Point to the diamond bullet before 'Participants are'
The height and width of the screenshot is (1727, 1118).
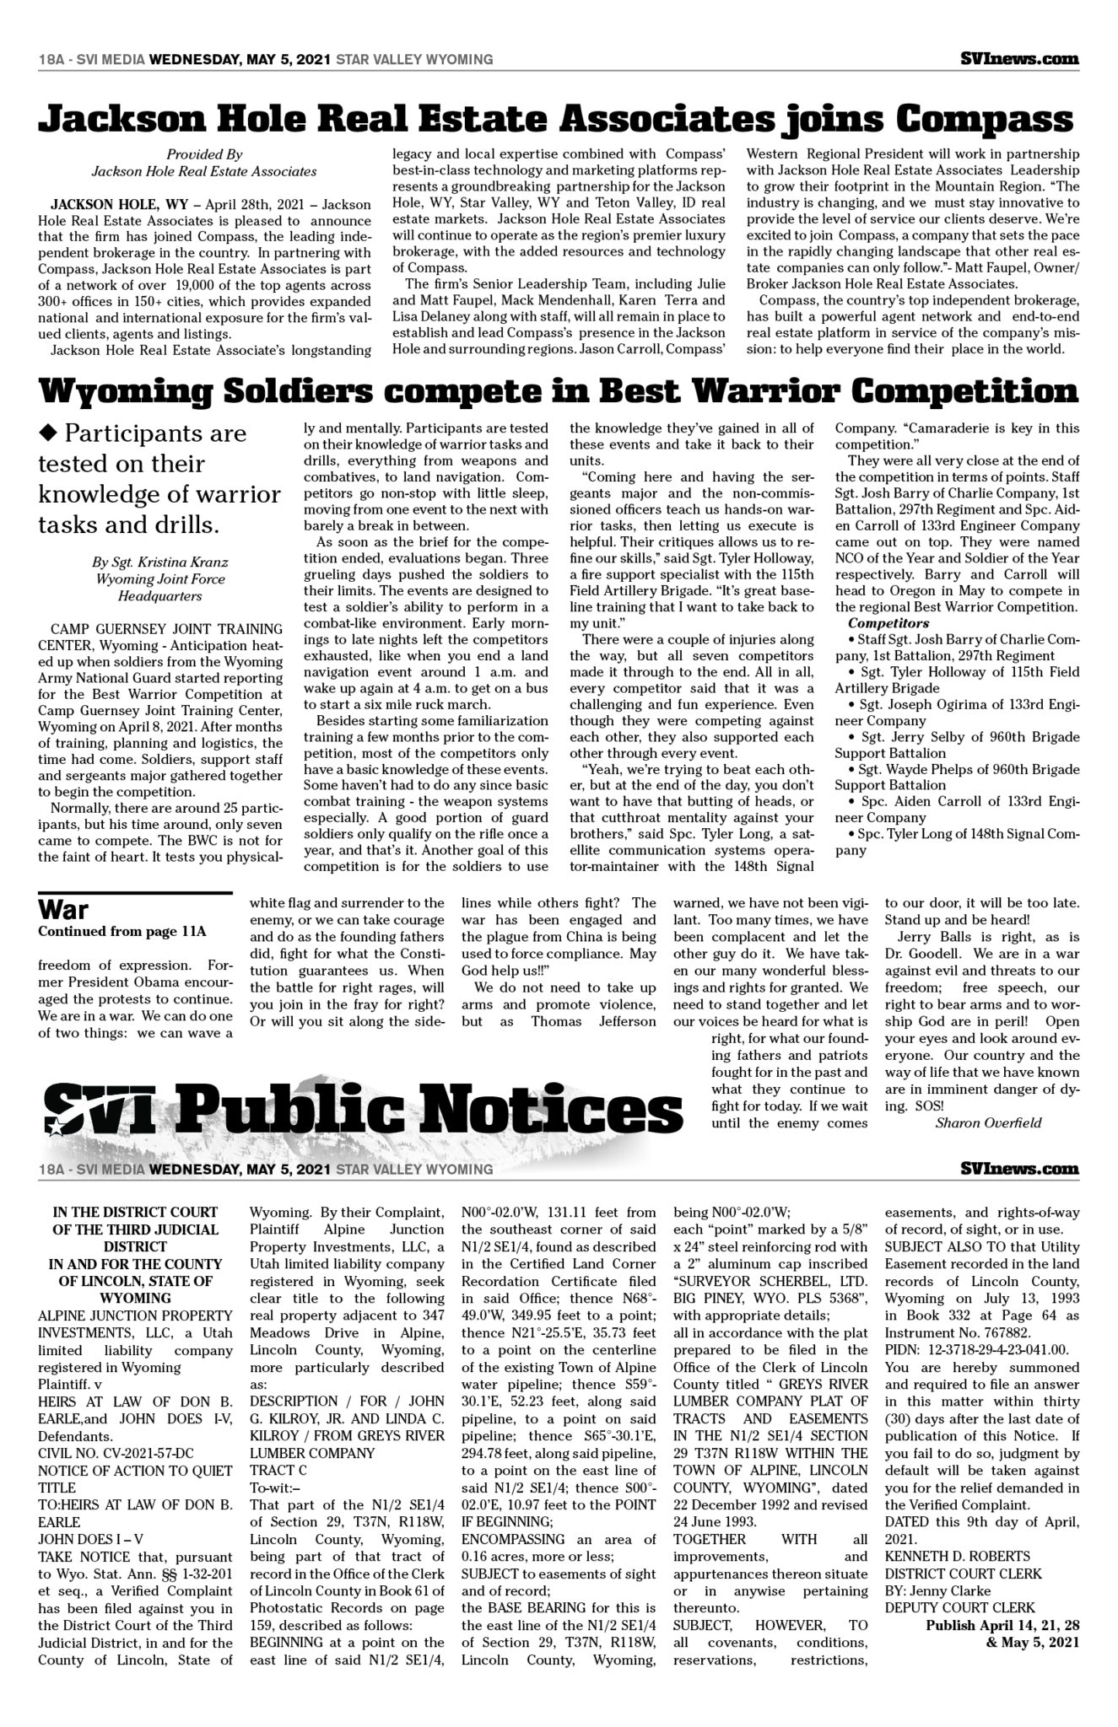pyautogui.click(x=48, y=433)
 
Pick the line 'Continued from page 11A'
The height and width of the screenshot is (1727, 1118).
pyautogui.click(x=122, y=932)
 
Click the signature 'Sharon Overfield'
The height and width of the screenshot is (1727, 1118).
pyautogui.click(x=988, y=1122)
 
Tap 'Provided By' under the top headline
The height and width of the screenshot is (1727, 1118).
pyautogui.click(x=204, y=154)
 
